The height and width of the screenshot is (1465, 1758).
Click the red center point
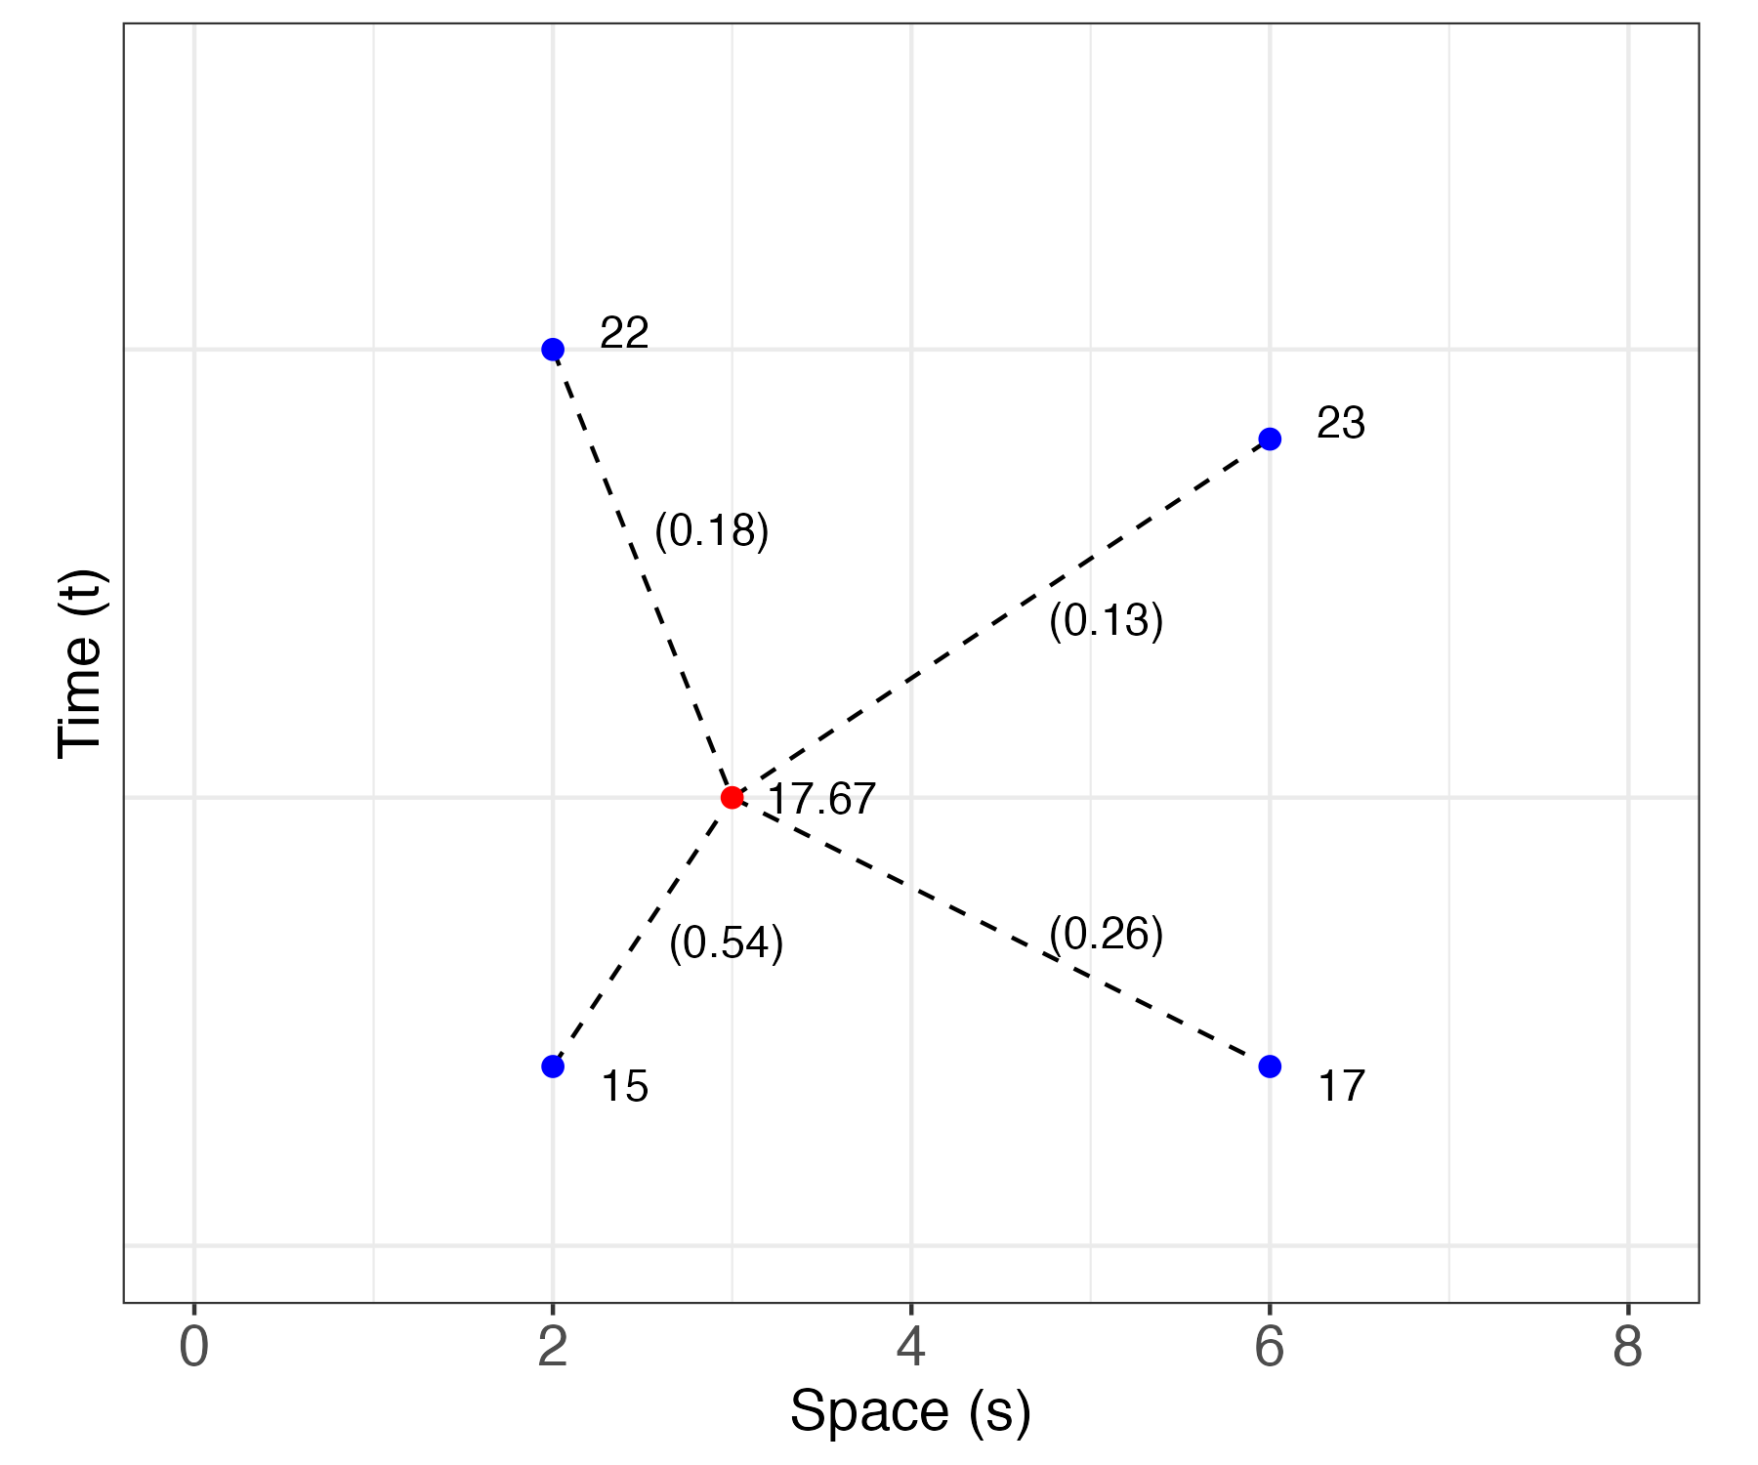(732, 798)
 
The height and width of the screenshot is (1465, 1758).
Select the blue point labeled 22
(553, 350)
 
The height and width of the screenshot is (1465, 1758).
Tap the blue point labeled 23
(1270, 439)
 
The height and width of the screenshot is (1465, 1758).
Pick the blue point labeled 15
(553, 1067)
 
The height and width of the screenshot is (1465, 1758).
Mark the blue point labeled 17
(1270, 1067)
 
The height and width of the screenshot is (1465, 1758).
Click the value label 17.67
(821, 800)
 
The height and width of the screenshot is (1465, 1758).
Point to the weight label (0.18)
(712, 530)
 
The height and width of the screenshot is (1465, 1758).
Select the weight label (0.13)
(1106, 620)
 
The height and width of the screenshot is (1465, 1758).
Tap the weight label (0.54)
(727, 943)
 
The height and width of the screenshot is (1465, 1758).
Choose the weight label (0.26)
(1106, 935)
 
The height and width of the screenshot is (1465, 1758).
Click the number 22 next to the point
(624, 334)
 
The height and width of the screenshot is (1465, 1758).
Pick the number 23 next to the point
(1341, 424)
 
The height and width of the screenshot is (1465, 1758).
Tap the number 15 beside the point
(624, 1087)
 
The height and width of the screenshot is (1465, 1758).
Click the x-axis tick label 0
(194, 1349)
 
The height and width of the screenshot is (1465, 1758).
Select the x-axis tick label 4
(910, 1349)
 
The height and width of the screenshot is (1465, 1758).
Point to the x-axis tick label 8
(1628, 1349)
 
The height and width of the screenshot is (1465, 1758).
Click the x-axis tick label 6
(1270, 1349)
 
